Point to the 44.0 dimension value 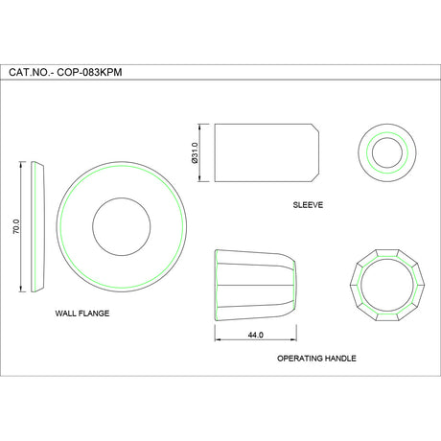click(255, 334)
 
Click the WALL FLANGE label click(82, 313)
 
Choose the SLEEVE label click(308, 205)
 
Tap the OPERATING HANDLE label click(316, 358)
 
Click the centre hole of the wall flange click(121, 227)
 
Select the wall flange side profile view click(38, 227)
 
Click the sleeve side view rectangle click(259, 151)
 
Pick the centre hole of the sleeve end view click(388, 151)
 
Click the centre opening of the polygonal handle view click(387, 287)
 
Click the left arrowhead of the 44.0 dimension click(217, 340)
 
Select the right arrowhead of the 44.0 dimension click(293, 340)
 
